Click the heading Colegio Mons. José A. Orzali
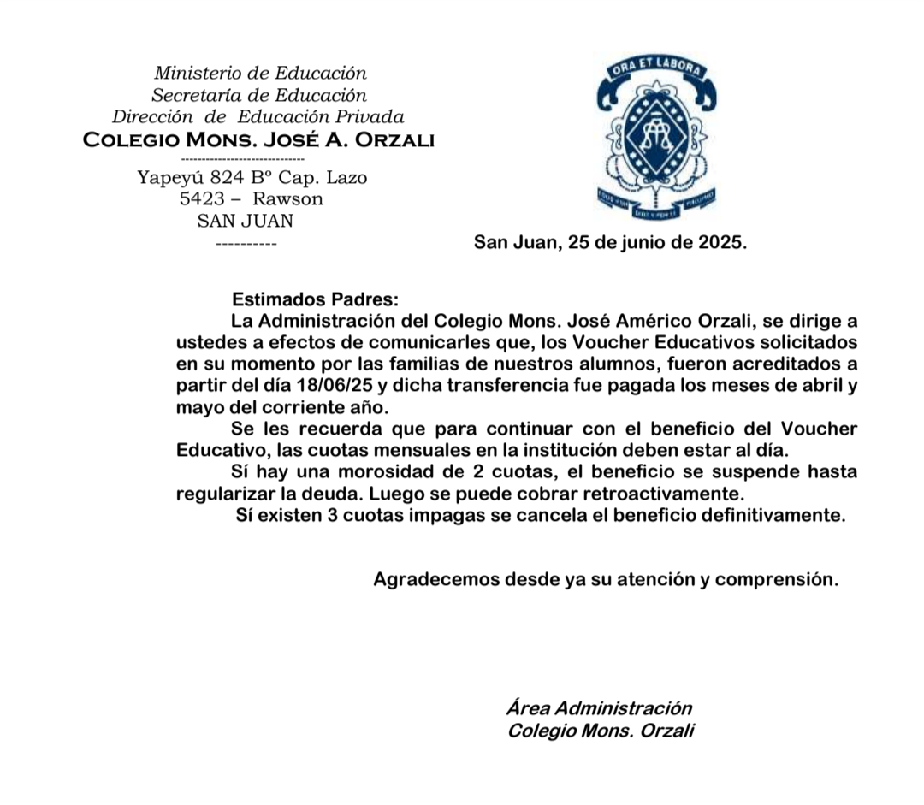click(x=258, y=139)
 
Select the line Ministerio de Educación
click(x=260, y=74)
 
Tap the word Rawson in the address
click(x=287, y=199)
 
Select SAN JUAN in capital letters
click(x=245, y=221)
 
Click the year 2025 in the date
click(x=720, y=242)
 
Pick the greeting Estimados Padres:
click(x=316, y=300)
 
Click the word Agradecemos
click(x=435, y=579)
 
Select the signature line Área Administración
click(x=599, y=708)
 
